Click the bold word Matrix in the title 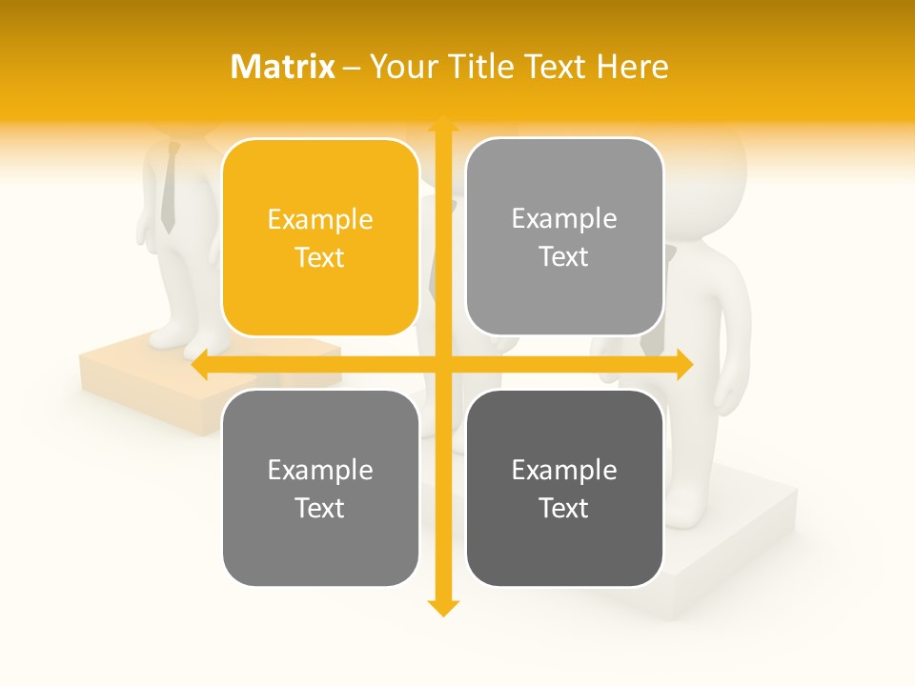(282, 67)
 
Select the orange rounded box (320, 237)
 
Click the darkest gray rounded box (564, 488)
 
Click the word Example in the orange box (320, 220)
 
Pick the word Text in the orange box (320, 258)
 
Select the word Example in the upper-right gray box (564, 219)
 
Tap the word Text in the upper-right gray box (564, 257)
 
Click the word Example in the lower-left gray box (320, 471)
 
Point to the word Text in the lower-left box (320, 509)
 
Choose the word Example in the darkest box (564, 471)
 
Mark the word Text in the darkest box (564, 509)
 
